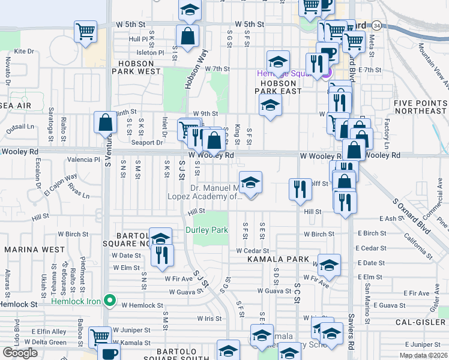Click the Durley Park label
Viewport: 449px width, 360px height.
[x=206, y=230]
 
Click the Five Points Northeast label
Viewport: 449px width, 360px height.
[x=420, y=107]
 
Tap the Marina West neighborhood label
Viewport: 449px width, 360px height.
[x=34, y=249]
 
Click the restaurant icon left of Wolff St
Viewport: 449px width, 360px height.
[x=299, y=189]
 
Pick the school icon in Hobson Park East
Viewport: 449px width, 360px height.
[x=270, y=106]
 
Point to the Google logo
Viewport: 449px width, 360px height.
[x=19, y=353]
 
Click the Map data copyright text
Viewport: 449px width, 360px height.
[x=423, y=355]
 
